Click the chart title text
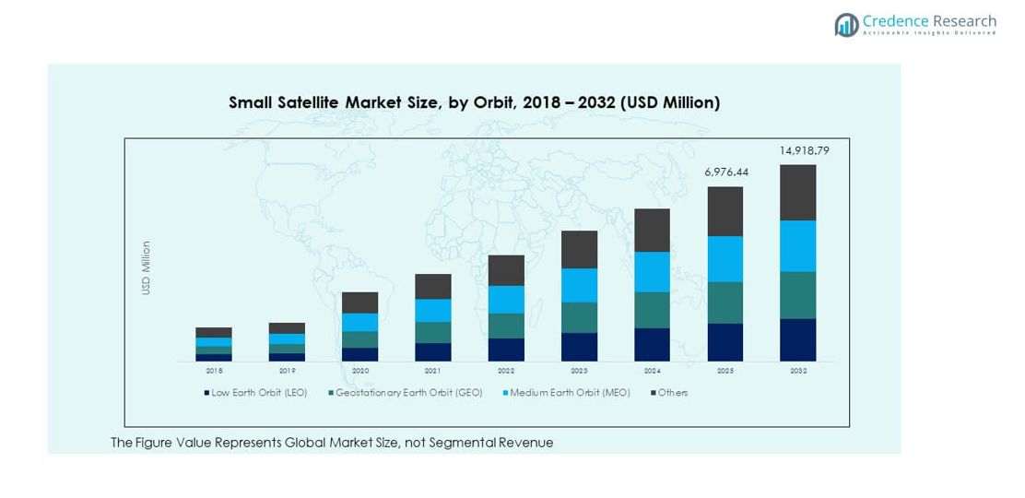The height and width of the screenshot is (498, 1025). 474,103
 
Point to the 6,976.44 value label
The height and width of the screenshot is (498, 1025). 725,172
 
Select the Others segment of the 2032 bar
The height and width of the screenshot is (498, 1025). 798,192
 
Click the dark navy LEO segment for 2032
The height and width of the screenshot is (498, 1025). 798,339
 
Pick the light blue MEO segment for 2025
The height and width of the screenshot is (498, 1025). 725,259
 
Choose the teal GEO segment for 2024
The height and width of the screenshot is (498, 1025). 653,310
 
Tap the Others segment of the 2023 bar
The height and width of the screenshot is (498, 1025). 579,249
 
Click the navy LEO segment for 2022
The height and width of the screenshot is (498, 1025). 506,350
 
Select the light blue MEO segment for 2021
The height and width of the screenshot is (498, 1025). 433,310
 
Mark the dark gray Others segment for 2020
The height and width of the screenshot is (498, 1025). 360,302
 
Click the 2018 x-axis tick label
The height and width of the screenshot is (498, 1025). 214,371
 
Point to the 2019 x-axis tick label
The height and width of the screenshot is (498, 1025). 287,371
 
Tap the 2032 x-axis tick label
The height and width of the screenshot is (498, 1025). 798,371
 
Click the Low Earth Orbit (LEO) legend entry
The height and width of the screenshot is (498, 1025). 258,393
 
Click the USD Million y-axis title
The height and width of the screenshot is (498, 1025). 146,268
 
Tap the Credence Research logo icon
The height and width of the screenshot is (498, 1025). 846,25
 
